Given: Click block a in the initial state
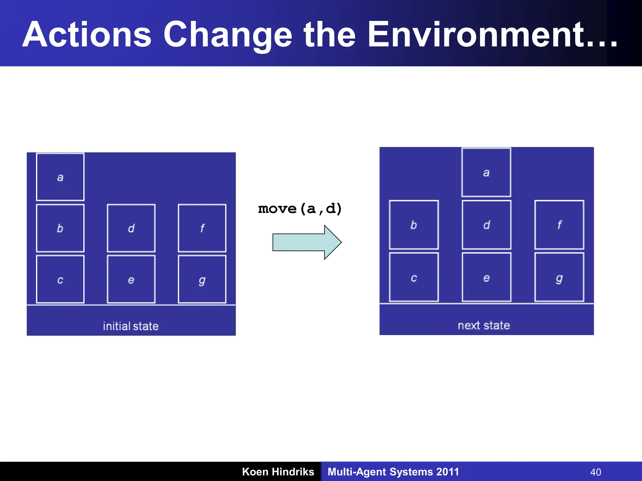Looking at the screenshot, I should [x=60, y=177].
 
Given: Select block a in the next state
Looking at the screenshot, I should [x=486, y=172].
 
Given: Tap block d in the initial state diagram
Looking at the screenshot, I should [x=131, y=228].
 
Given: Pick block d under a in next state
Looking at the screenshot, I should [x=487, y=225].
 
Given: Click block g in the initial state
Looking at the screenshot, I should [x=202, y=279].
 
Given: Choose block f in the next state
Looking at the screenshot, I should [x=559, y=225].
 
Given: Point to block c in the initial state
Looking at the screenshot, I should [x=60, y=279].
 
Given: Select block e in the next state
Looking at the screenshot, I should [x=487, y=277].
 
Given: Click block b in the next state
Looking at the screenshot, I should [x=414, y=225].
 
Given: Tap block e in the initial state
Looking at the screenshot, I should [x=131, y=279].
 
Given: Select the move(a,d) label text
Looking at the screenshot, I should [x=300, y=209].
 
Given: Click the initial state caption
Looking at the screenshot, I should [x=131, y=326].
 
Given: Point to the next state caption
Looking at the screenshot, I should [x=484, y=325].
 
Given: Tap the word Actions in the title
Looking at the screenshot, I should [x=87, y=34].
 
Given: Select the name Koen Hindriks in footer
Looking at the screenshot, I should [x=278, y=472].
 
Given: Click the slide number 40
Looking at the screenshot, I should [x=596, y=472].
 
